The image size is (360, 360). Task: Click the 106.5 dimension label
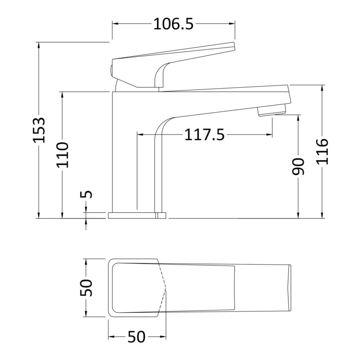173,24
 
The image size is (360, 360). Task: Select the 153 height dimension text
39,130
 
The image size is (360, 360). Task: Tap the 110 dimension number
63,155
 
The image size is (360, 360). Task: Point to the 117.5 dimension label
204,135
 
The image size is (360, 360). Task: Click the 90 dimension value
298,166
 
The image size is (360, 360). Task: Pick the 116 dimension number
322,152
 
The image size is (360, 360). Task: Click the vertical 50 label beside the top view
86,288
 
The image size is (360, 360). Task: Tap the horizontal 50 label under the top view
137,337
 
